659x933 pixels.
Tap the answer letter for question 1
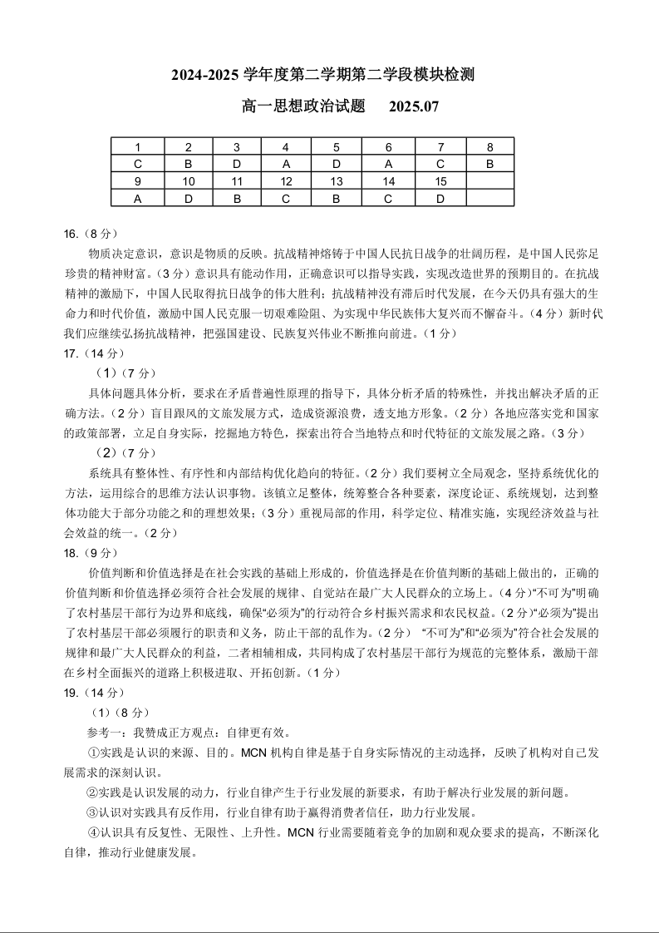pos(137,164)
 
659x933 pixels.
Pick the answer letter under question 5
pos(337,164)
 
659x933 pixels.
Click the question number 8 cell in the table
pos(490,147)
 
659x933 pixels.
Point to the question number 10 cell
pos(189,181)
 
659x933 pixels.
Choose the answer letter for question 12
pos(286,199)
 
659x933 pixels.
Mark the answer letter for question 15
pos(440,199)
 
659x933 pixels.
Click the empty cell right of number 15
pos(490,181)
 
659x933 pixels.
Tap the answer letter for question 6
pos(388,164)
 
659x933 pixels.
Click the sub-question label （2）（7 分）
pos(125,452)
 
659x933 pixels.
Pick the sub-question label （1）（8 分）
pos(120,713)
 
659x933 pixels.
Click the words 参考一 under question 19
pos(103,733)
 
